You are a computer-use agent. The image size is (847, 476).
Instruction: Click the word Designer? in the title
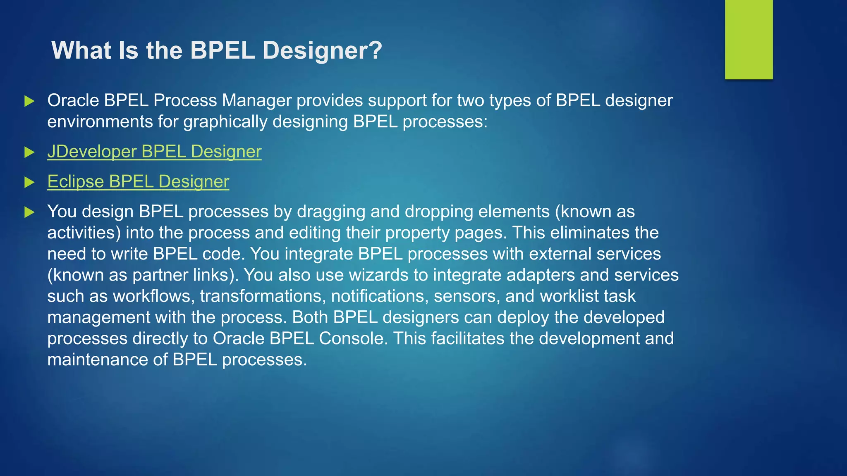(x=322, y=50)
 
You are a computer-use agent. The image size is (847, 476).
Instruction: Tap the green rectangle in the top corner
(x=749, y=39)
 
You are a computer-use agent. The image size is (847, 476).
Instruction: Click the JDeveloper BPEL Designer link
(x=154, y=152)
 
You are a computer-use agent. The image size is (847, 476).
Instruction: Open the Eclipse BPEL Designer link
(x=138, y=182)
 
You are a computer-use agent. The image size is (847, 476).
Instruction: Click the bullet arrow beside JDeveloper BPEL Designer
(x=29, y=152)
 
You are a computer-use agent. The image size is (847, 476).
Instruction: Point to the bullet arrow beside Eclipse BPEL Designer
(x=29, y=182)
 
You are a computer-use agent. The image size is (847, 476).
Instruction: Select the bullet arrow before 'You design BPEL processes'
(x=29, y=212)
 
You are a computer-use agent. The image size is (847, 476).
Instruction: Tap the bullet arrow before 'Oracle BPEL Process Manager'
(x=29, y=101)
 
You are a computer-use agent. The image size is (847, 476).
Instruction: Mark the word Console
(x=353, y=338)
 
